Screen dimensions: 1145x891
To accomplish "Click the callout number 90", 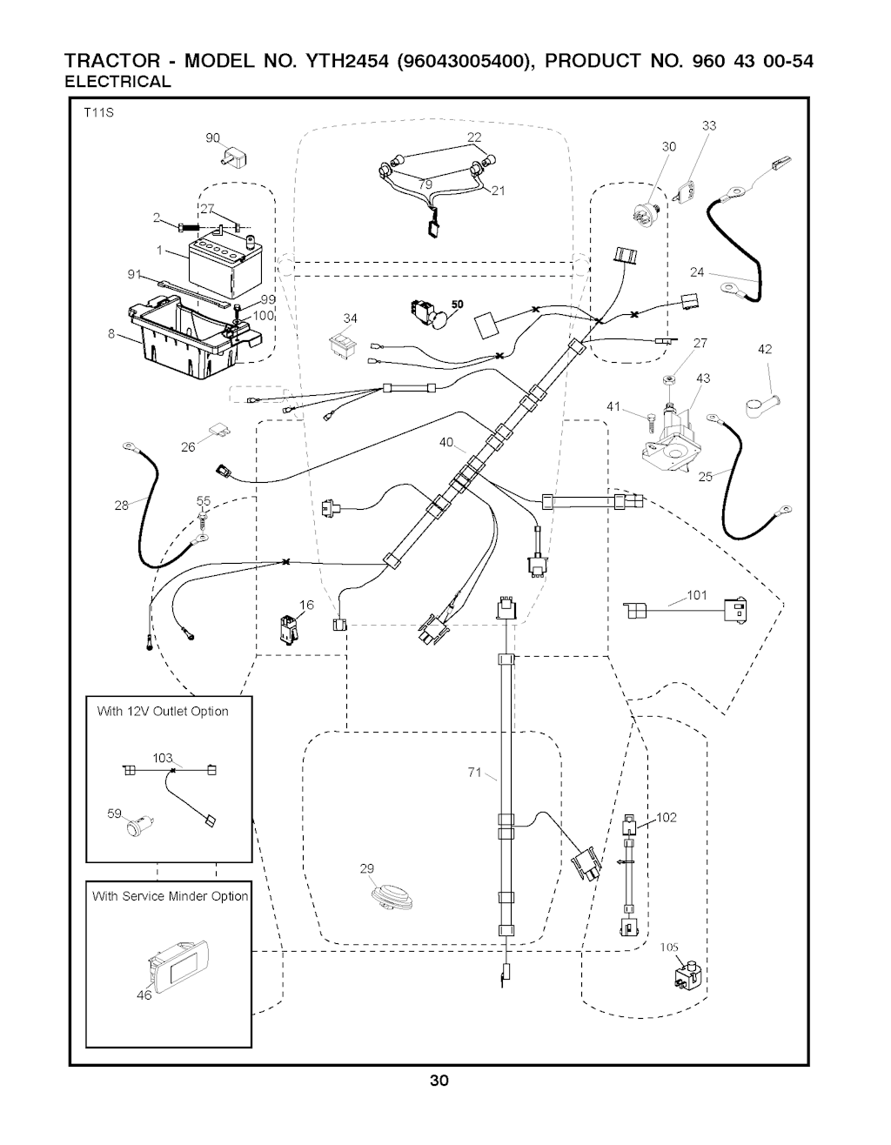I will [x=212, y=138].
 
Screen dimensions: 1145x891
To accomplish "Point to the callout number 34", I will [x=351, y=318].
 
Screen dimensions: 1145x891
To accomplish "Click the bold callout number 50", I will [x=458, y=303].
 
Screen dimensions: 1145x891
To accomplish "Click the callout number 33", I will [x=709, y=126].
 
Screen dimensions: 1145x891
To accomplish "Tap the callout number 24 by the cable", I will [x=697, y=272].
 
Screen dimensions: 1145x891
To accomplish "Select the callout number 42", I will [x=765, y=350].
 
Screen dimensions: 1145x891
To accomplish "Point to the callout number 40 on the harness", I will [x=447, y=443].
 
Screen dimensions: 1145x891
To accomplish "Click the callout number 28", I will [x=122, y=504].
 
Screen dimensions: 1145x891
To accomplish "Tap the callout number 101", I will [x=697, y=596].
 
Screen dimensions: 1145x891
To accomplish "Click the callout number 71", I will [x=474, y=772].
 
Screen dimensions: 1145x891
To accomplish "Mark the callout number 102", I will [x=667, y=817].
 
